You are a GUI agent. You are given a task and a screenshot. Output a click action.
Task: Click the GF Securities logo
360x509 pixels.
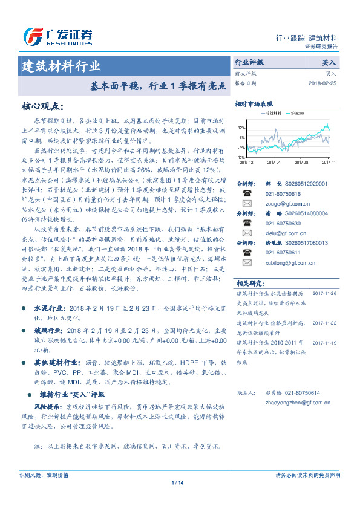(57, 36)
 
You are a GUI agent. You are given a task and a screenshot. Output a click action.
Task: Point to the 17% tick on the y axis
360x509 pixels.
(241, 128)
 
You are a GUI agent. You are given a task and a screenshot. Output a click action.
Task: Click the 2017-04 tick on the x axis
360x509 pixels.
(273, 161)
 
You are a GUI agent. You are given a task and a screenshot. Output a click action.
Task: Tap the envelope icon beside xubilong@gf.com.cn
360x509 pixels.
(247, 264)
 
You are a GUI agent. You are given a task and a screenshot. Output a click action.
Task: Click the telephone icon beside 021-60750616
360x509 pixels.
(247, 194)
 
